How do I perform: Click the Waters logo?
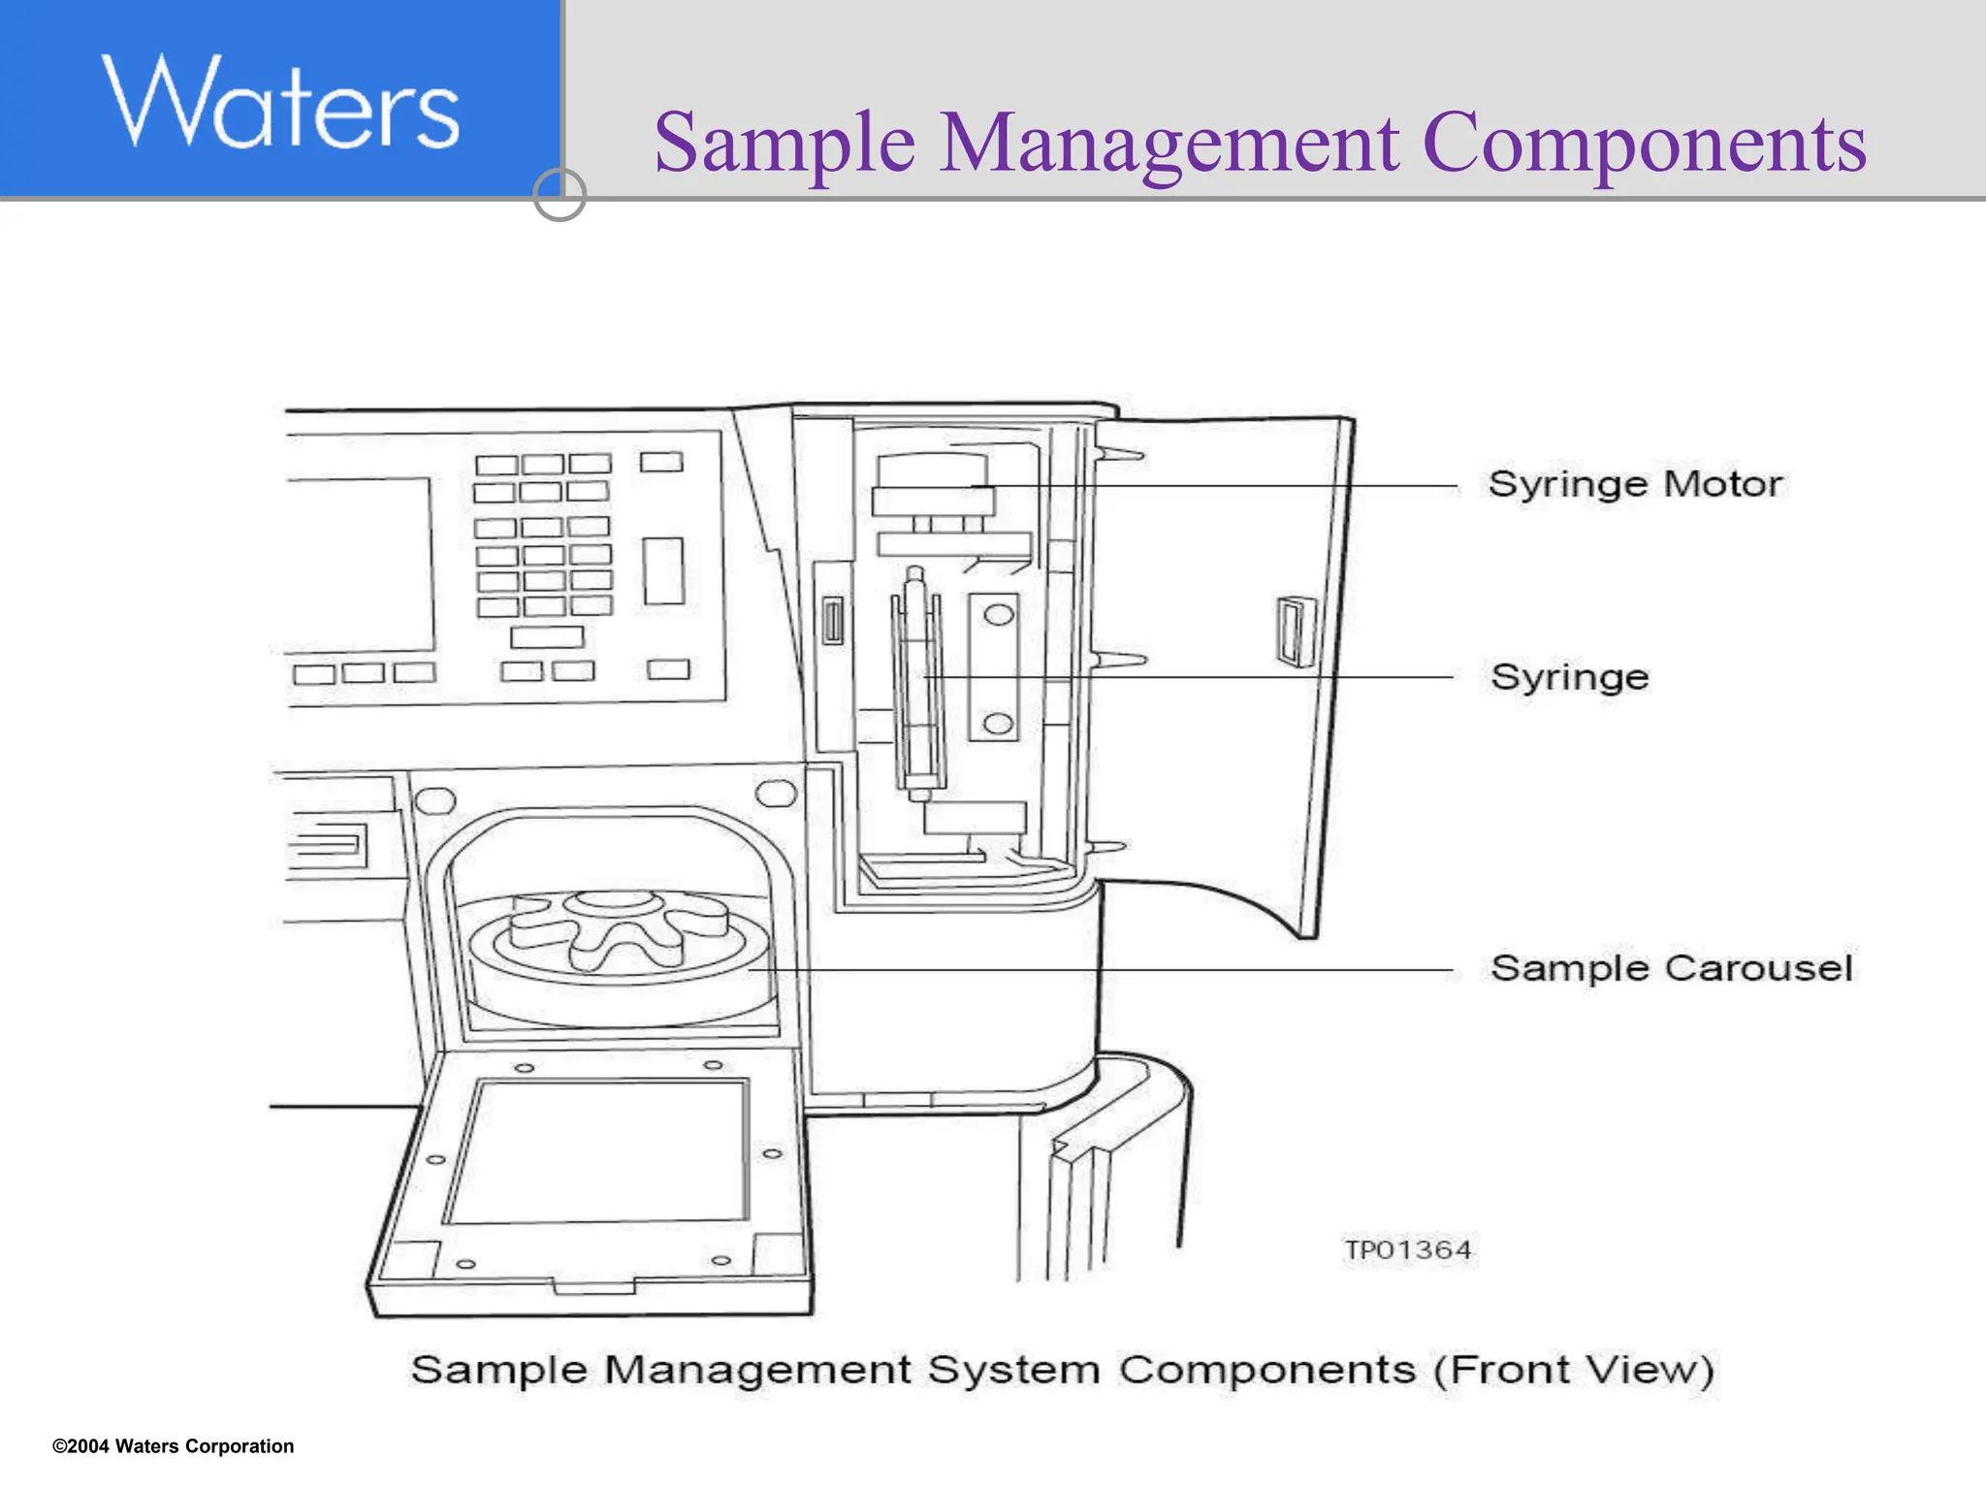(280, 103)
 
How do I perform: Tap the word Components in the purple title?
(1644, 144)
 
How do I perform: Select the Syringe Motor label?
(1635, 483)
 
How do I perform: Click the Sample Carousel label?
(1671, 968)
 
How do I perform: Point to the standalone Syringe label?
(1569, 677)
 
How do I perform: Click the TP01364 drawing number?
(1407, 1249)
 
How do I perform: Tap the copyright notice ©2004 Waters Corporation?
(174, 1446)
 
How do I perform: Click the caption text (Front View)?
(1574, 1370)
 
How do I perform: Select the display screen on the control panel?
(359, 565)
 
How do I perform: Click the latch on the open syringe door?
(1294, 632)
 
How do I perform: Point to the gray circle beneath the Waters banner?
(560, 194)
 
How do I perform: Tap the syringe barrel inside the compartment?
(915, 679)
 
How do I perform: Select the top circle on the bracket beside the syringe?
(998, 614)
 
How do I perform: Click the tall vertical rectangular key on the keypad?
(663, 570)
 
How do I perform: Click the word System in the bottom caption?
(1012, 1370)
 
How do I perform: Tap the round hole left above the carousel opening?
(433, 800)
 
